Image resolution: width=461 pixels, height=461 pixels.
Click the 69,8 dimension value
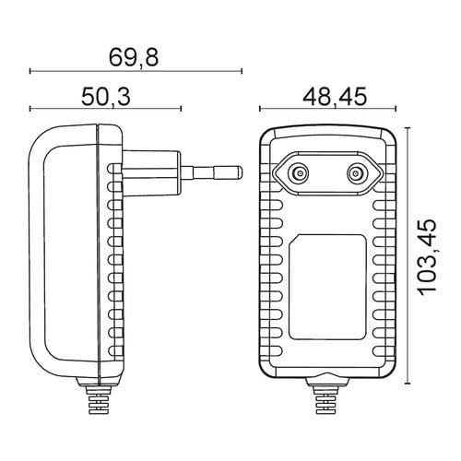tap(134, 57)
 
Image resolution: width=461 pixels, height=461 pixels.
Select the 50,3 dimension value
tap(106, 97)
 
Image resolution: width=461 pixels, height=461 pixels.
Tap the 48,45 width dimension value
tap(335, 97)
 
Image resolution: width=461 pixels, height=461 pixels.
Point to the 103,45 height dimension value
tap(428, 257)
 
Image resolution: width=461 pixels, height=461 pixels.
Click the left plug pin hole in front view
tap(299, 174)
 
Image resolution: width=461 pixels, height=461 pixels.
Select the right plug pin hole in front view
tap(357, 174)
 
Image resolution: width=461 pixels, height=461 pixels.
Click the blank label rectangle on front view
tap(327, 287)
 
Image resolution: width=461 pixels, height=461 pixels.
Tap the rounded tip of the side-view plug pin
tap(241, 172)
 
